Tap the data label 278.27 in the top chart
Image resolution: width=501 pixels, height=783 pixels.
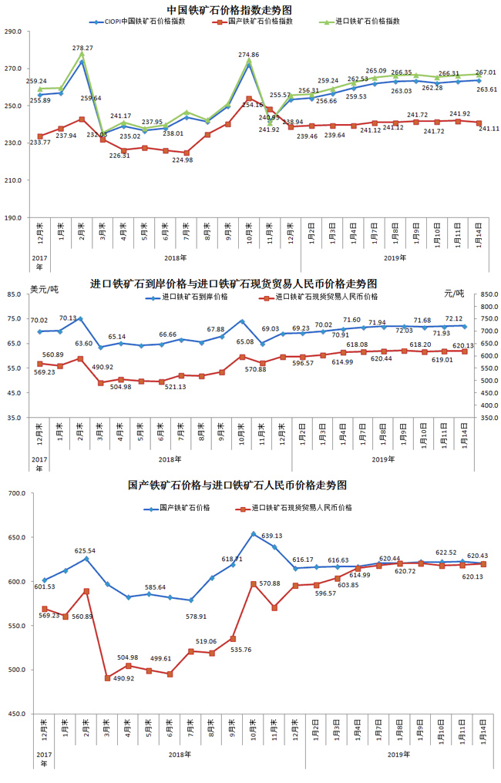[x=82, y=48]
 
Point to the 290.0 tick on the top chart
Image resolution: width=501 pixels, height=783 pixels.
[x=13, y=32]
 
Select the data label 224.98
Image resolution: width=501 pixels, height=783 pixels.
[x=183, y=160]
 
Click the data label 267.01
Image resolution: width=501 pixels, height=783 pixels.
[x=483, y=72]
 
